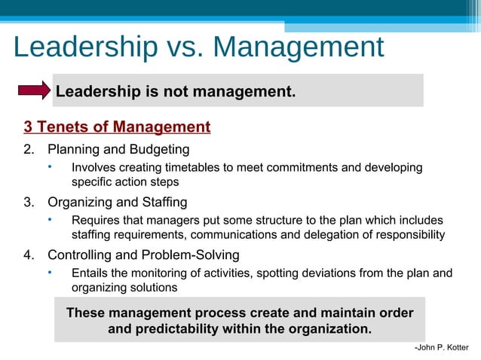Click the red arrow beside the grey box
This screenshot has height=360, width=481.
(x=35, y=91)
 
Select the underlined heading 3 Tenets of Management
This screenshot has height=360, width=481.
(x=117, y=127)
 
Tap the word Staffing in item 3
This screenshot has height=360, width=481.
(x=163, y=202)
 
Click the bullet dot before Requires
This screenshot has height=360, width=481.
(x=50, y=219)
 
